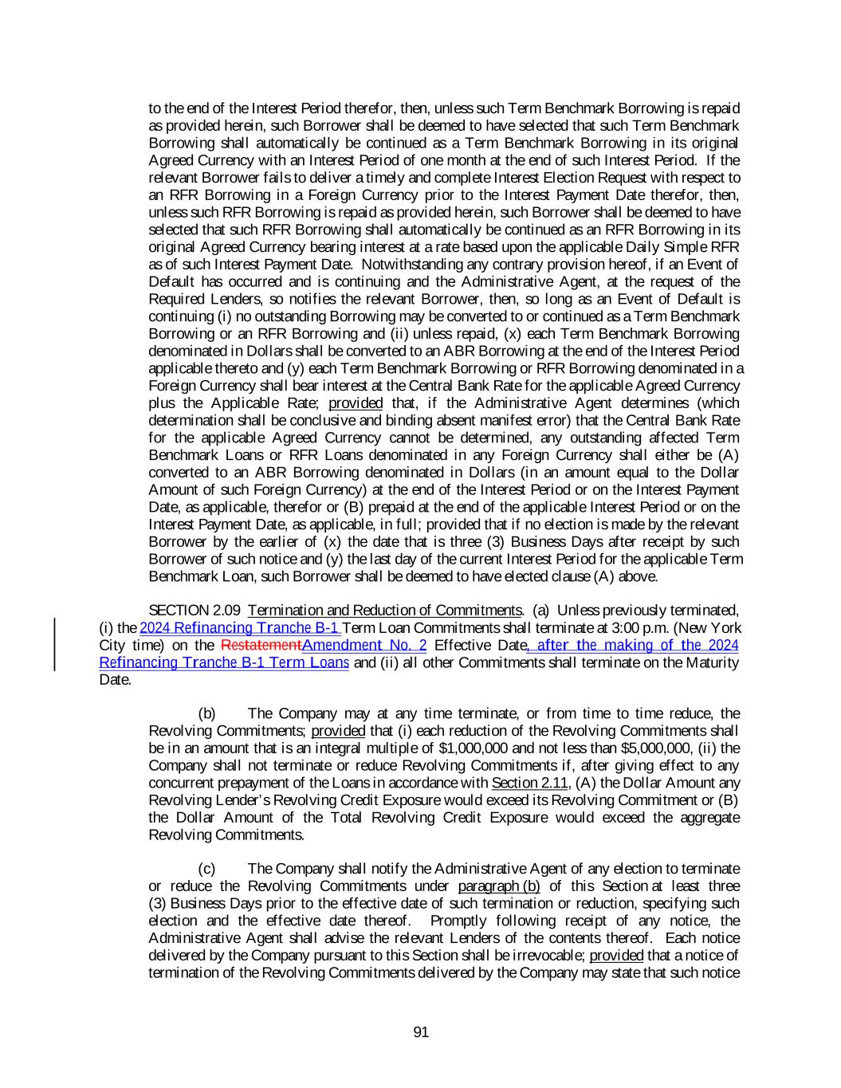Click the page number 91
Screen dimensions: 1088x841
pos(421,1033)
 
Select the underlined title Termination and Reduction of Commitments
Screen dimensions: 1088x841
pos(384,611)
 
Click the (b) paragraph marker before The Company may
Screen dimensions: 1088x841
pos(206,713)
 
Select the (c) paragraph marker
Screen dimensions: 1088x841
pos(206,869)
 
